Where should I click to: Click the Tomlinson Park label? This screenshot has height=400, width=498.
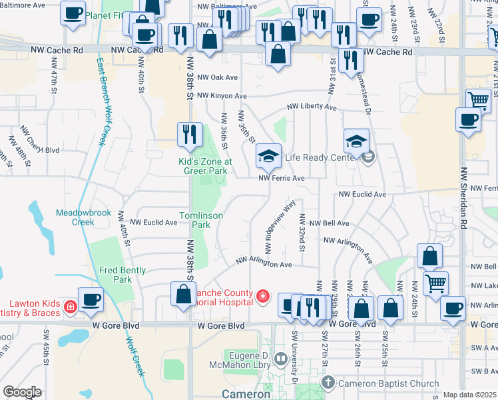click(195, 220)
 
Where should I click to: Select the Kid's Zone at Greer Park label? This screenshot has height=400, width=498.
click(205, 165)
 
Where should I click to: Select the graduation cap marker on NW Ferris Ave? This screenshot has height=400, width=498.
click(268, 156)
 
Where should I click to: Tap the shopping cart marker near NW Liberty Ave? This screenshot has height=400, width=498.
click(478, 101)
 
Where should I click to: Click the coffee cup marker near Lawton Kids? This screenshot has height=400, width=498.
click(91, 299)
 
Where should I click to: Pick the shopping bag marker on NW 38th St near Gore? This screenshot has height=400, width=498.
click(183, 294)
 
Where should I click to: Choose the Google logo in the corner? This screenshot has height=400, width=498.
click(22, 392)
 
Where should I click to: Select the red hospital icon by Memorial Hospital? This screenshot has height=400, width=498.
click(264, 295)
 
